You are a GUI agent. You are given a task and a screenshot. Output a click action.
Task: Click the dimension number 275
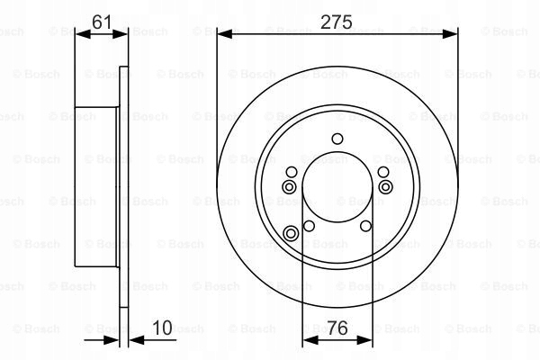336,22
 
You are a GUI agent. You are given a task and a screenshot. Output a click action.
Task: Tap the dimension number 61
102,22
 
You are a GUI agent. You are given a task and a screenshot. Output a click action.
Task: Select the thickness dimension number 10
162,328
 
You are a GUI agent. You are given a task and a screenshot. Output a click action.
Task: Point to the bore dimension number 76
337,328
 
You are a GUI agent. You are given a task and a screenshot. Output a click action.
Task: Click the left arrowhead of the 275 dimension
225,34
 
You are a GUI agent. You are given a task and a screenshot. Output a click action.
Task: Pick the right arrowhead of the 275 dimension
450,34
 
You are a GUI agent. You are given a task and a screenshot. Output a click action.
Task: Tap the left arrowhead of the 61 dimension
83,34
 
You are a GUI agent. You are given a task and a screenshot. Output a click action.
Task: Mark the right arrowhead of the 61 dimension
120,34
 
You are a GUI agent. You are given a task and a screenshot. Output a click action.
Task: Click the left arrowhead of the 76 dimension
310,340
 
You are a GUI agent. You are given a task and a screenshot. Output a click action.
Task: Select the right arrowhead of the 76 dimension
364,340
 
